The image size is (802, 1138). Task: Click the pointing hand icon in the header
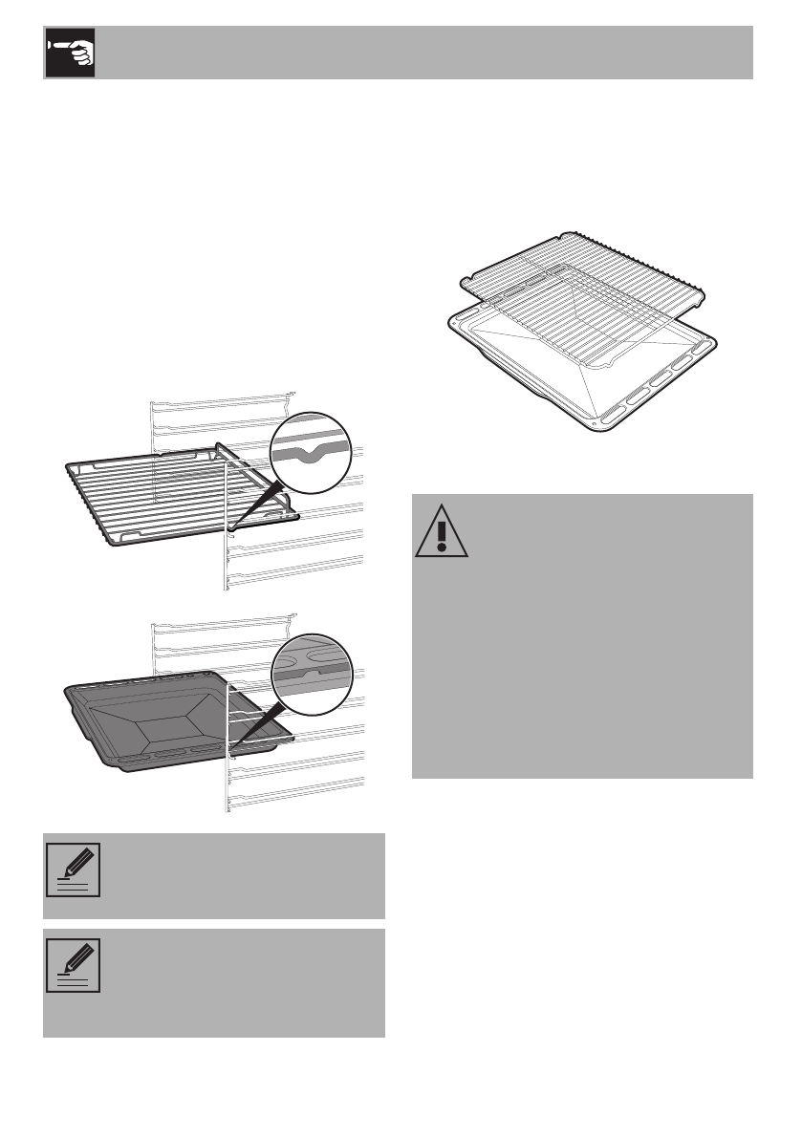(x=68, y=53)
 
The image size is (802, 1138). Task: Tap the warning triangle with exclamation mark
(x=441, y=531)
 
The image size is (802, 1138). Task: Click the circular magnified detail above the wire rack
(x=310, y=451)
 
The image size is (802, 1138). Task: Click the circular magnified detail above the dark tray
(x=310, y=673)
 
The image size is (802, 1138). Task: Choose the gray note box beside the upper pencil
(x=239, y=875)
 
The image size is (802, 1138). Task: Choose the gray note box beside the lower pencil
(x=239, y=982)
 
